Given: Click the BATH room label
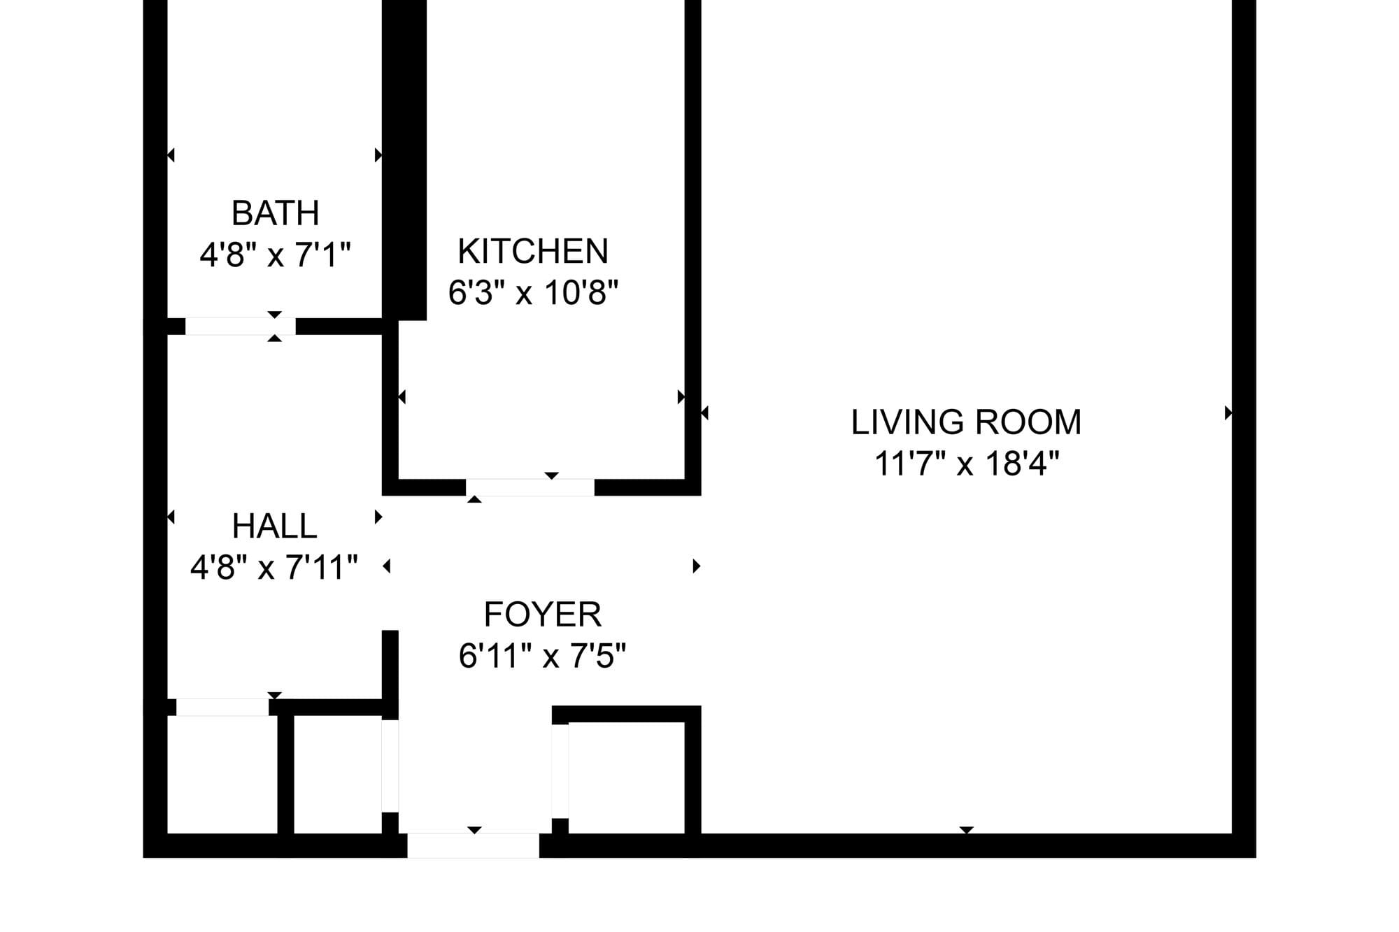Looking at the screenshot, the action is (x=275, y=213).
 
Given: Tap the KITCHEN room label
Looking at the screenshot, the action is (x=533, y=252).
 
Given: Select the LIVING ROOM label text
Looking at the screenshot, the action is (x=966, y=422).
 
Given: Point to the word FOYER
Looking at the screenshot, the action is (x=543, y=615).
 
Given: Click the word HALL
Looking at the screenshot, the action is (x=274, y=526).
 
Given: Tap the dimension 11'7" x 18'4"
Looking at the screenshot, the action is (x=967, y=463).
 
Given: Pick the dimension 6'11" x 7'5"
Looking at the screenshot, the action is (x=543, y=656).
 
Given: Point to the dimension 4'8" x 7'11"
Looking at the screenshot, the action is (x=274, y=567).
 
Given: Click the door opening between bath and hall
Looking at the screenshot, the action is (x=240, y=327).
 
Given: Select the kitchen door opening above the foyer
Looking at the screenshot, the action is (x=530, y=487).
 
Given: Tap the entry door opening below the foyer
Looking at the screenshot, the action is (x=474, y=846).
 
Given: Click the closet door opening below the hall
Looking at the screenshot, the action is (x=222, y=707).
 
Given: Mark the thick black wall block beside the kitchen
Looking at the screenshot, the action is (x=404, y=160).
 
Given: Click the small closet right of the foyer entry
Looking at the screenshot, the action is (x=627, y=778).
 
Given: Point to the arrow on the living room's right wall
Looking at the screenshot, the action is (x=1228, y=413).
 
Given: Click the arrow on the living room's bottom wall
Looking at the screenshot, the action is (x=966, y=830).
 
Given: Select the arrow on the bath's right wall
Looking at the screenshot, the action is (x=378, y=155).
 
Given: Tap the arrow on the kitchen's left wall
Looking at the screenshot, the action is (x=402, y=397).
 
